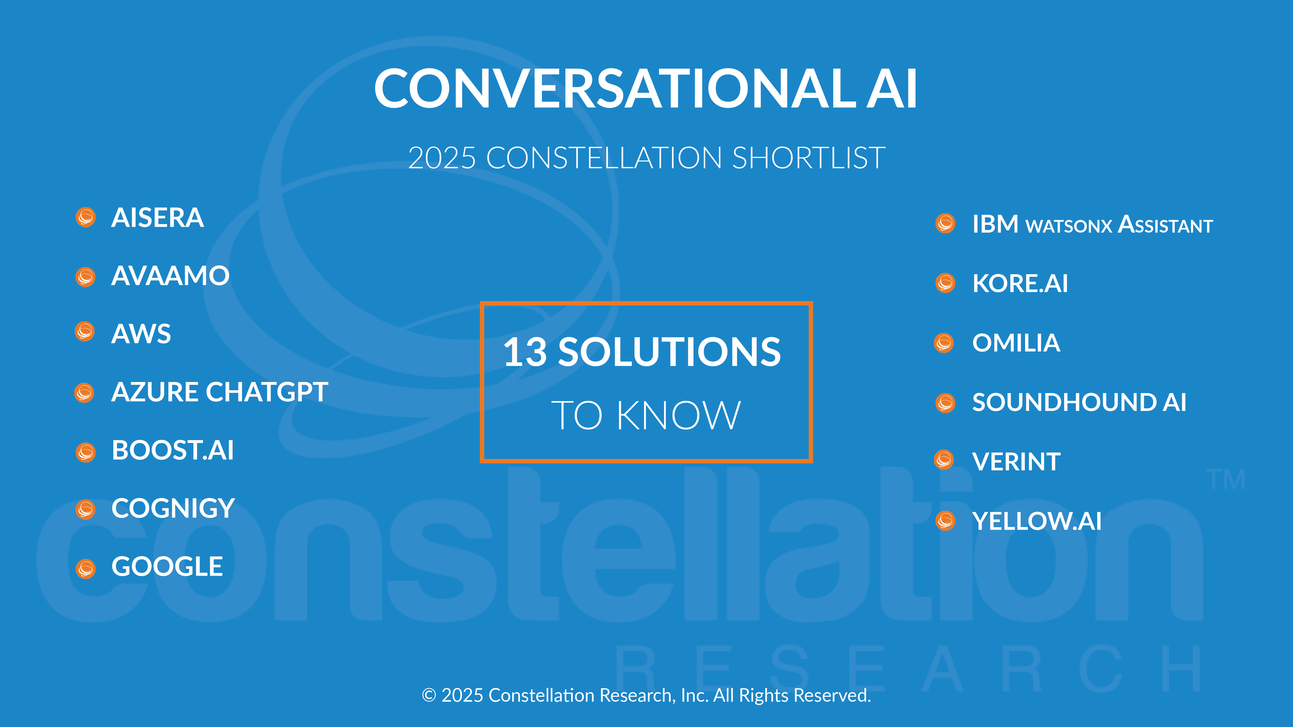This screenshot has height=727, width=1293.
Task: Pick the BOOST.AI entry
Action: click(x=173, y=450)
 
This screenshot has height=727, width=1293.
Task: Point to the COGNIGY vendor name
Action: click(x=173, y=508)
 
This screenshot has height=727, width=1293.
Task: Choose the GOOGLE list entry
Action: click(x=167, y=567)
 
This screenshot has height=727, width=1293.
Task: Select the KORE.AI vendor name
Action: click(x=1020, y=284)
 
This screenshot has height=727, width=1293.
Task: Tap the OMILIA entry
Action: click(x=1016, y=343)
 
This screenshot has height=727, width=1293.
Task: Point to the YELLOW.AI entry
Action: click(x=1037, y=521)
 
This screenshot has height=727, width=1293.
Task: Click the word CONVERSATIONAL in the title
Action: click(x=615, y=88)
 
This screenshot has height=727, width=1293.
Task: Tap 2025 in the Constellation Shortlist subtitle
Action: click(x=442, y=158)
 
